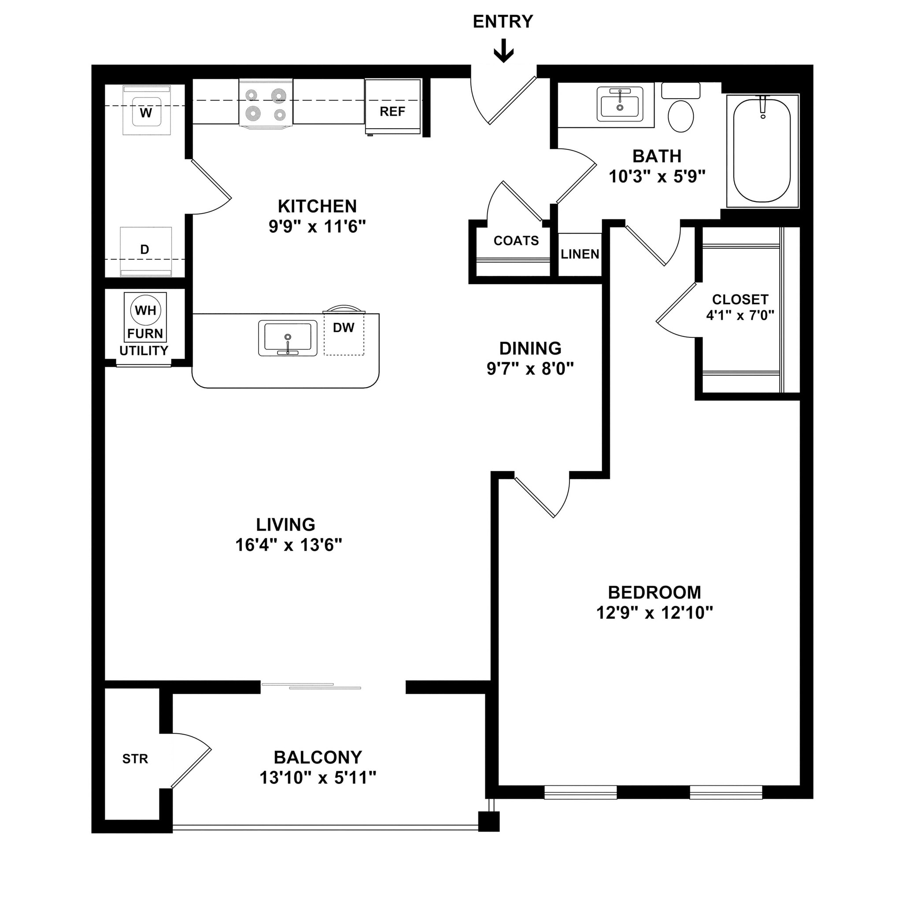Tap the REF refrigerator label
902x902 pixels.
click(392, 111)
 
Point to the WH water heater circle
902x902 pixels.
click(146, 310)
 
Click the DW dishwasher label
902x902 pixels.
click(344, 328)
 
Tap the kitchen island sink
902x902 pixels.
click(287, 337)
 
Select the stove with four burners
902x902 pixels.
click(266, 103)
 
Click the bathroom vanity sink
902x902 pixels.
click(620, 104)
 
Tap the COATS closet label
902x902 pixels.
click(516, 241)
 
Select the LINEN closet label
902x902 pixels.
click(580, 255)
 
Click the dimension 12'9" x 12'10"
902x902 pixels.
click(654, 613)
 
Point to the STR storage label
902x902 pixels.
click(135, 759)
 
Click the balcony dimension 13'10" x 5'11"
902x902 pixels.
click(318, 778)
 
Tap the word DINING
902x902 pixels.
click(530, 348)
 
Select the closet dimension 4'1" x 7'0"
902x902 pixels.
click(740, 316)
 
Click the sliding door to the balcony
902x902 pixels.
click(311, 686)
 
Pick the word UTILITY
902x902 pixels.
click(144, 351)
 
